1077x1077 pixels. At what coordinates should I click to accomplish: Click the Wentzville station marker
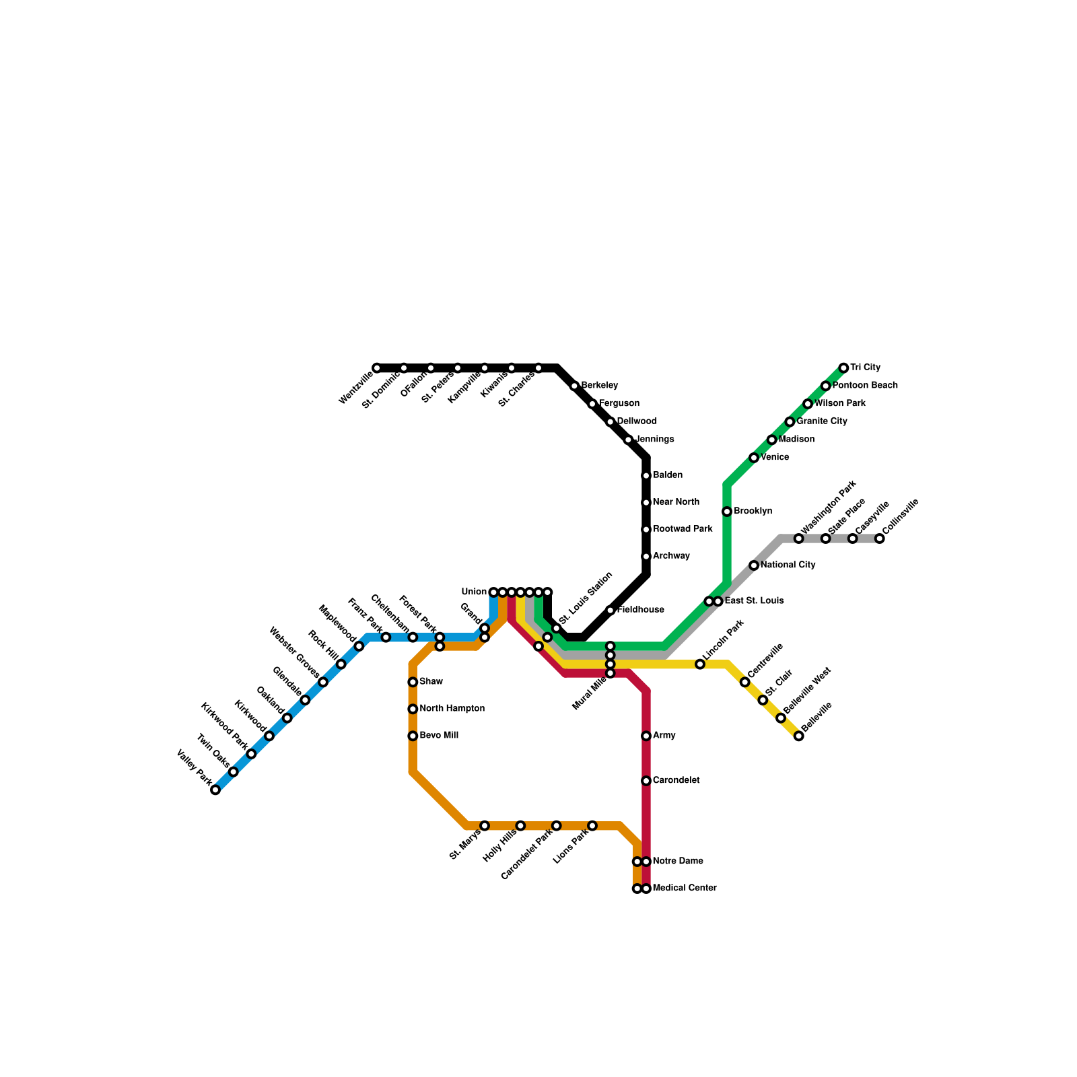coord(377,368)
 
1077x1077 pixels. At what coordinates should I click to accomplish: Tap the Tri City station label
coord(865,368)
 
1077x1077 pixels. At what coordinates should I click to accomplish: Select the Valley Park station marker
coord(215,790)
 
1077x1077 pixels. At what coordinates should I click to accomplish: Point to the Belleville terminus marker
coord(798,736)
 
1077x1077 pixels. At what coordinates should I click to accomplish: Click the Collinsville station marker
coord(879,538)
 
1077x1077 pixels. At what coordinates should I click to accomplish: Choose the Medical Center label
coord(684,889)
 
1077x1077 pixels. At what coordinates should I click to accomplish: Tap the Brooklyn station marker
coord(727,512)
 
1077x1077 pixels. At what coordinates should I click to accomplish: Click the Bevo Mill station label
coord(439,736)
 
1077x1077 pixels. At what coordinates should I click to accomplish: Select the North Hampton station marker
coord(413,709)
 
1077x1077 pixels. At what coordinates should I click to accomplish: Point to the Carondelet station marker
coord(646,781)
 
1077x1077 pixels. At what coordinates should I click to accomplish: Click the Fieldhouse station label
coord(640,610)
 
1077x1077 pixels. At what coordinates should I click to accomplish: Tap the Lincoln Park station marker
coord(700,664)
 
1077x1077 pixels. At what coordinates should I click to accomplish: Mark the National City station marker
coord(754,565)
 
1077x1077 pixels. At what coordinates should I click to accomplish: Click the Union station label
coord(474,592)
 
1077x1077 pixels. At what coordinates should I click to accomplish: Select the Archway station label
coord(671,556)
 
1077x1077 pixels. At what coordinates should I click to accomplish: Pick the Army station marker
coord(646,736)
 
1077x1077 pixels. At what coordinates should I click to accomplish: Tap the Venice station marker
coord(754,458)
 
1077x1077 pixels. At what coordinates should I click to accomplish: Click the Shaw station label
coord(431,682)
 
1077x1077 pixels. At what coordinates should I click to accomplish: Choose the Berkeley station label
coord(599,386)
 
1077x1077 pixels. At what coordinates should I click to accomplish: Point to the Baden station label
coord(668,475)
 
